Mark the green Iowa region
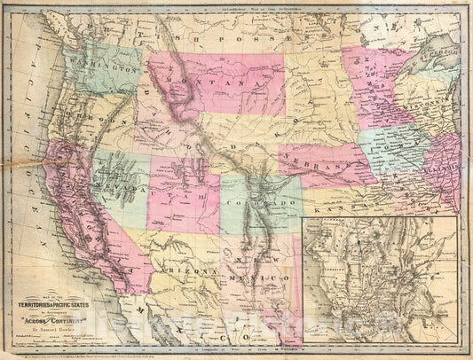390,146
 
